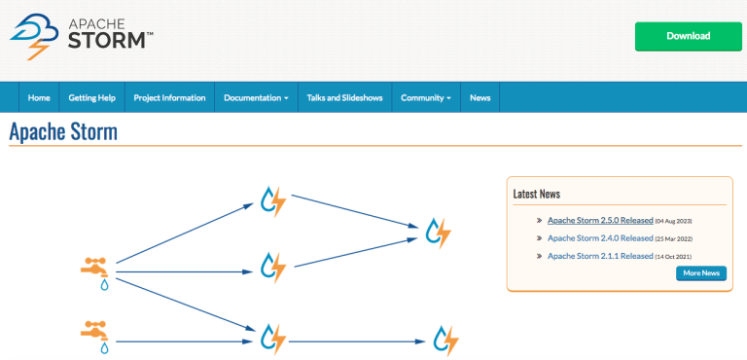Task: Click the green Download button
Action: pos(688,36)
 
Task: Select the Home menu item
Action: pos(39,97)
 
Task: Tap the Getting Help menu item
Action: pos(92,97)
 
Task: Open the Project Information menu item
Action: pos(170,97)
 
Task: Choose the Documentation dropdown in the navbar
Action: pos(256,97)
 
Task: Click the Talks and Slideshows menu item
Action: pos(344,97)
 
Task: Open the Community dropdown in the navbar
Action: pos(426,97)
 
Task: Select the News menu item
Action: pos(480,97)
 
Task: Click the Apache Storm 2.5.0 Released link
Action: pos(600,221)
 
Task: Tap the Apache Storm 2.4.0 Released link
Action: pos(600,238)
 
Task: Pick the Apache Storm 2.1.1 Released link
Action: pos(600,256)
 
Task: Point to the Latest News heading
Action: pos(537,194)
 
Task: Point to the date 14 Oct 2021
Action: pos(675,257)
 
